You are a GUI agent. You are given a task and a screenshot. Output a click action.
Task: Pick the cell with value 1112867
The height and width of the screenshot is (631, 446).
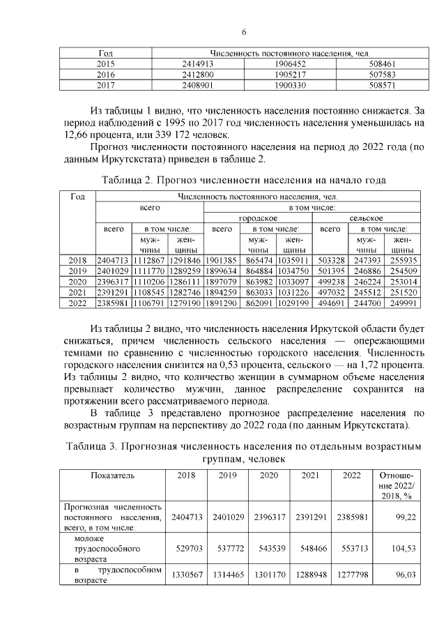147,260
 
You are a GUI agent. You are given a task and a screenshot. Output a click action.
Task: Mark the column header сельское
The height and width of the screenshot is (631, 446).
367,218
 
